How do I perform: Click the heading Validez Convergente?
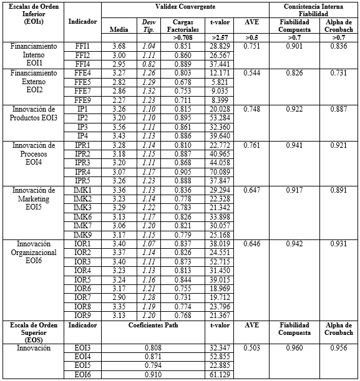[x=185, y=6]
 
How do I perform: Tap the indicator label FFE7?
[x=82, y=90]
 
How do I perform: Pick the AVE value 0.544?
[x=252, y=73]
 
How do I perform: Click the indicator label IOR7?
[x=82, y=297]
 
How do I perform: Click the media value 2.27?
[x=118, y=99]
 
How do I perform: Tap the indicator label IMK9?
[x=82, y=234]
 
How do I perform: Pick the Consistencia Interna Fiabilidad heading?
[x=314, y=9]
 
